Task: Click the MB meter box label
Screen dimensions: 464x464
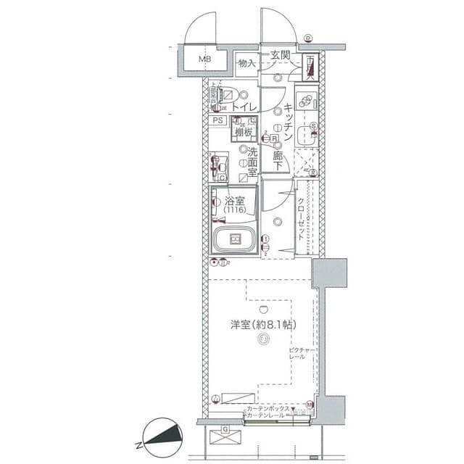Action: tap(206, 59)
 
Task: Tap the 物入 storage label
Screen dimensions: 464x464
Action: tap(247, 64)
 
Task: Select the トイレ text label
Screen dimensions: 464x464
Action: tap(246, 108)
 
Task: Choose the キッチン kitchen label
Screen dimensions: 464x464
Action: tap(288, 122)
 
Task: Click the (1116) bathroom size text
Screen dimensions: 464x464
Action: tap(234, 210)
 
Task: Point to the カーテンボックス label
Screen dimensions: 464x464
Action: tap(269, 409)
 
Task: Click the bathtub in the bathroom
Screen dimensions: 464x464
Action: tap(233, 240)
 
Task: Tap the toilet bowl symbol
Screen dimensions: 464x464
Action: tap(227, 94)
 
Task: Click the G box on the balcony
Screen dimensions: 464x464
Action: tap(225, 429)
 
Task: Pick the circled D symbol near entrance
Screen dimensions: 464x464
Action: tap(307, 38)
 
